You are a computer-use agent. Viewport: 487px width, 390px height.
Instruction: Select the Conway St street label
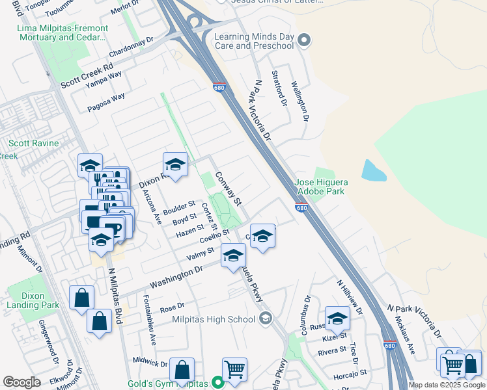tap(229, 187)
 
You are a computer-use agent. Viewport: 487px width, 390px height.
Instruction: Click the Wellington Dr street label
tap(300, 101)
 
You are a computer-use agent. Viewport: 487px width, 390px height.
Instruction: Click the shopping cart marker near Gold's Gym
tap(234, 370)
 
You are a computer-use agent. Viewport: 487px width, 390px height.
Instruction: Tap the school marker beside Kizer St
tap(337, 318)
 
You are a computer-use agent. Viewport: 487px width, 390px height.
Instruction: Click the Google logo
tap(21, 382)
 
